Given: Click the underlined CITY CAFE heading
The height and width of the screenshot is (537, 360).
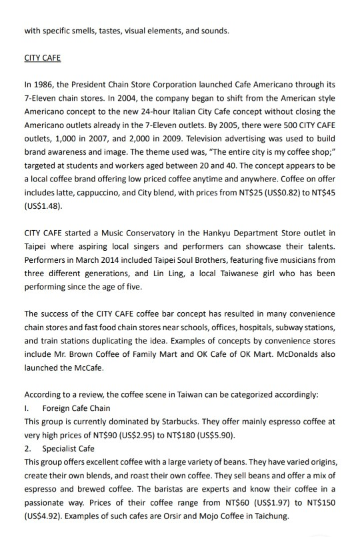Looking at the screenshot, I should (42, 58).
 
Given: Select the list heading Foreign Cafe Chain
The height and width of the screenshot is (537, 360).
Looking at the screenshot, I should (76, 408).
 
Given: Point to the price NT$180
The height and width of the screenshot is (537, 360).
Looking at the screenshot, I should (174, 434).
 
